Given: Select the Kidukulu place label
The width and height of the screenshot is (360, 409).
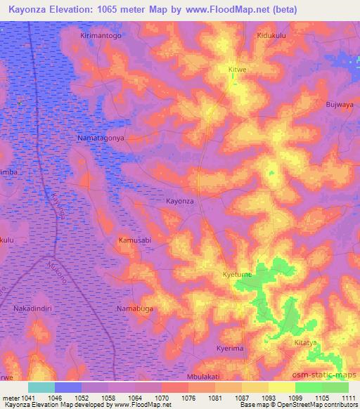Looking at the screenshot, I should point(274,35).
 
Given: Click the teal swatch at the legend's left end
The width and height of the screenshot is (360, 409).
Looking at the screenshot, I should point(41,387).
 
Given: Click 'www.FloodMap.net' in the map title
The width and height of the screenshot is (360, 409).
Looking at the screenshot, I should point(220,9).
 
